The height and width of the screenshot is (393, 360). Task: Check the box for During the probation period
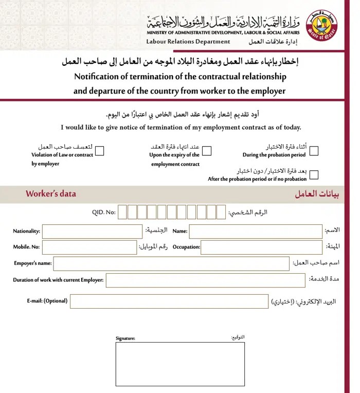click(314, 151)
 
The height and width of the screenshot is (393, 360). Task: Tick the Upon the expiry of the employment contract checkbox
click(207, 151)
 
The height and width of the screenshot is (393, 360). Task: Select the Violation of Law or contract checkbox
click(100, 151)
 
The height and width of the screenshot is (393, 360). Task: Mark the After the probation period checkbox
click(314, 175)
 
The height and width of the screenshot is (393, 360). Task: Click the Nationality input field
click(92, 231)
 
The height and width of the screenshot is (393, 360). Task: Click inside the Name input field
click(256, 231)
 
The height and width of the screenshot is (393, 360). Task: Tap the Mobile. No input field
click(89, 247)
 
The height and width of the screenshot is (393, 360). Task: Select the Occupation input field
click(261, 247)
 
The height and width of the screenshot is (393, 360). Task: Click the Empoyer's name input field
click(171, 263)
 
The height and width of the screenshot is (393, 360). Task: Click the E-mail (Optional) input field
click(169, 301)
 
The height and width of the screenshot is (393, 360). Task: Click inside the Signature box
click(179, 364)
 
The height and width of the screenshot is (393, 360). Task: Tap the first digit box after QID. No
click(122, 212)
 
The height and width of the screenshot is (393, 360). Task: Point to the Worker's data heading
click(51, 194)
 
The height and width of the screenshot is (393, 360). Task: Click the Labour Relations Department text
click(188, 42)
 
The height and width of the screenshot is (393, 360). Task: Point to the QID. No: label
click(103, 212)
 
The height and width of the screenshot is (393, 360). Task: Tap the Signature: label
click(125, 338)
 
